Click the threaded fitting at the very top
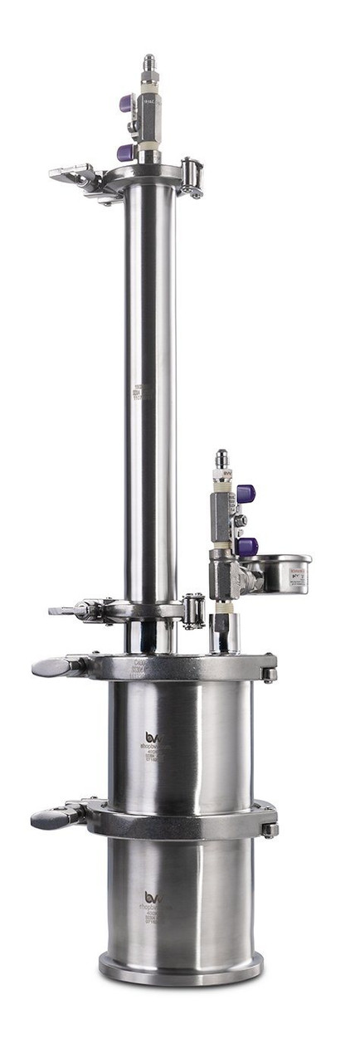coord(149,63)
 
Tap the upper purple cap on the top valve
coord(125,104)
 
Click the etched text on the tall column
coord(144,392)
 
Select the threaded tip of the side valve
coord(221,459)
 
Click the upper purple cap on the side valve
coord(246,494)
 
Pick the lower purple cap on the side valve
coord(246,545)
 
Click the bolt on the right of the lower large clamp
coord(270,827)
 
